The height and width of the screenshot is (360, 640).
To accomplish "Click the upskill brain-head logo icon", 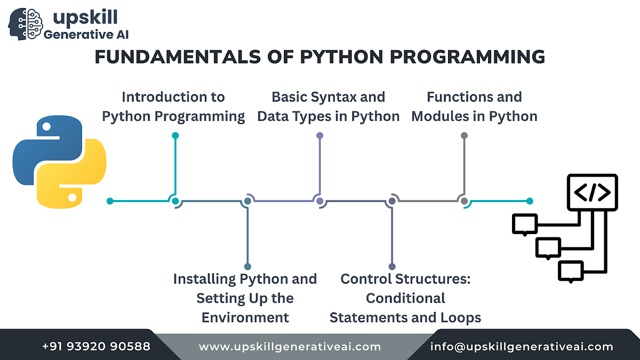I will pos(25,22).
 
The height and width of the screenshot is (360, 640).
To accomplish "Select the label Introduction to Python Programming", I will pos(173,106).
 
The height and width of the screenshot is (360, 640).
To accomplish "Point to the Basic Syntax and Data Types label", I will pos(328,106).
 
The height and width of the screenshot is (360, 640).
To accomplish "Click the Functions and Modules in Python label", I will pos(474,106).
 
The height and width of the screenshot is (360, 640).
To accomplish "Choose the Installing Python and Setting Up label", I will pos(245,298).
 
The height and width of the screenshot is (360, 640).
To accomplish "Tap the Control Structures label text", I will pos(405,298).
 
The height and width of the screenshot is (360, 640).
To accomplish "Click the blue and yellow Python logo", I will pos(59,163).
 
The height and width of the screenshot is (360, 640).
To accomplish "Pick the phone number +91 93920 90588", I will pos(96,347).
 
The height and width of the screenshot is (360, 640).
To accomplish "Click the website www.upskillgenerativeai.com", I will pos(290,347).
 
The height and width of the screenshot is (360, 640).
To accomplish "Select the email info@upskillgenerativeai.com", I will pos(522,347).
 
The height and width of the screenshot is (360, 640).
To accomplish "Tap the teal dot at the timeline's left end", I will pos(110,201).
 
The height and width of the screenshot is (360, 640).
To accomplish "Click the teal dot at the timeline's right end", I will pos(530,201).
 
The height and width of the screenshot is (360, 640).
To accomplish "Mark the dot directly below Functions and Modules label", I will pos(464,135).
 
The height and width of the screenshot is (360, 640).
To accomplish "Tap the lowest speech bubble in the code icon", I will pos(571,271).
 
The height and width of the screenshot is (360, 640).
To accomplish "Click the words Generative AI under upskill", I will pos(85,35).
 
